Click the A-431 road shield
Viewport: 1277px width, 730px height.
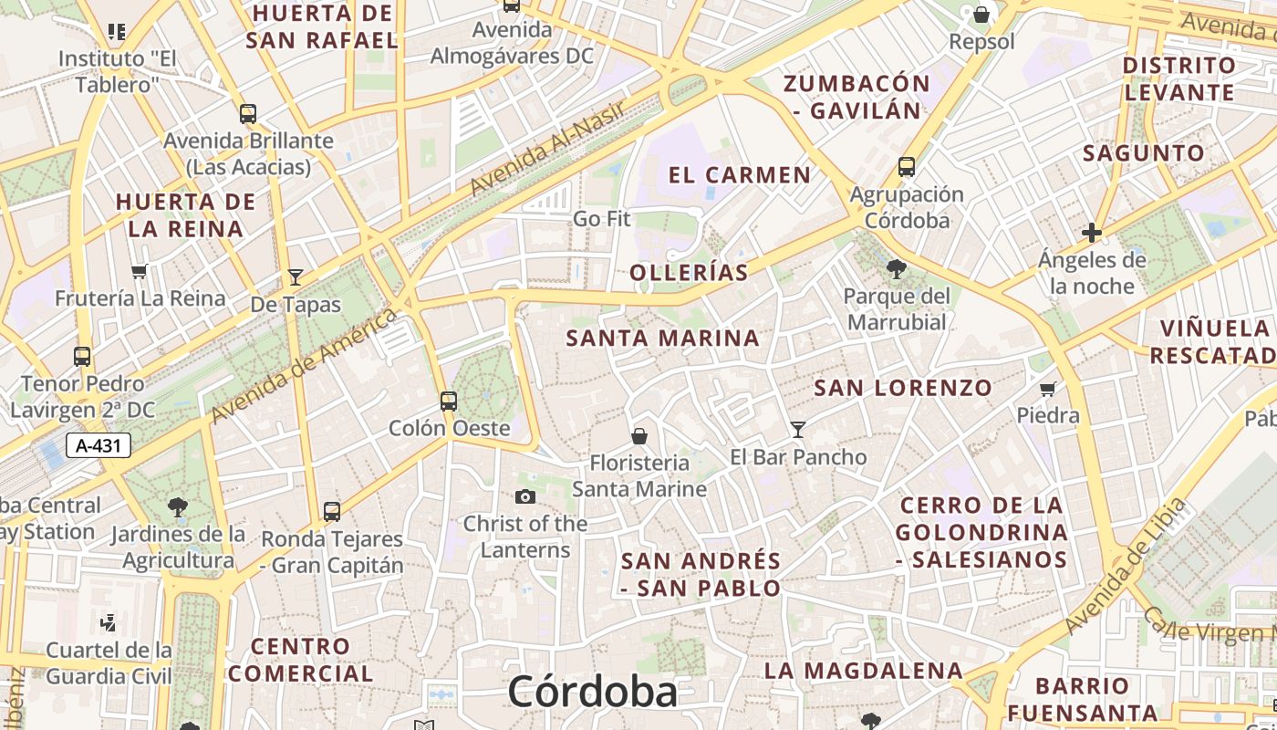coord(99,445)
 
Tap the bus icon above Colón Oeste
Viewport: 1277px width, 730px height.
coord(449,401)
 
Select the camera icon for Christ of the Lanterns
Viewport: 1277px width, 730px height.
coord(524,496)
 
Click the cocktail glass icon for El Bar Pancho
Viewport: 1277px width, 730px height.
coord(798,429)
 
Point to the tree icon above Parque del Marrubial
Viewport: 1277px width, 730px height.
coord(897,268)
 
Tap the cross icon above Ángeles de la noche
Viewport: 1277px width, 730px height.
coord(1091,233)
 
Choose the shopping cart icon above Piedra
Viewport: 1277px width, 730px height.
coord(1048,389)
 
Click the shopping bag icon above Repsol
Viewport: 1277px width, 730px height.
coord(981,15)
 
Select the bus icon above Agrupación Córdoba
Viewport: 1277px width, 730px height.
coord(906,167)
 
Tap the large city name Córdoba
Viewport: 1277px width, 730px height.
coord(593,692)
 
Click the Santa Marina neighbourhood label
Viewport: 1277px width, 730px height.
coord(662,339)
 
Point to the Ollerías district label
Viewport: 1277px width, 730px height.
coord(689,272)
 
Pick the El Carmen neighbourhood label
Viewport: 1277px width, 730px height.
coord(739,175)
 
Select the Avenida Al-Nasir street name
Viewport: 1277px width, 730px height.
coord(547,148)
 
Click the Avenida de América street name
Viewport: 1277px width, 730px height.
coord(305,366)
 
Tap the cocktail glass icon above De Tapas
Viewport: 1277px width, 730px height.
coord(296,277)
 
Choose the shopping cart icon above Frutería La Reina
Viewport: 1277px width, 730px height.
coord(139,271)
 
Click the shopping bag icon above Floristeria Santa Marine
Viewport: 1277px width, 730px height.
coord(639,436)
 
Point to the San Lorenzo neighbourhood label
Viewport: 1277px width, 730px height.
coord(902,388)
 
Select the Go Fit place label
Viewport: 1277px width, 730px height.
coord(602,219)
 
